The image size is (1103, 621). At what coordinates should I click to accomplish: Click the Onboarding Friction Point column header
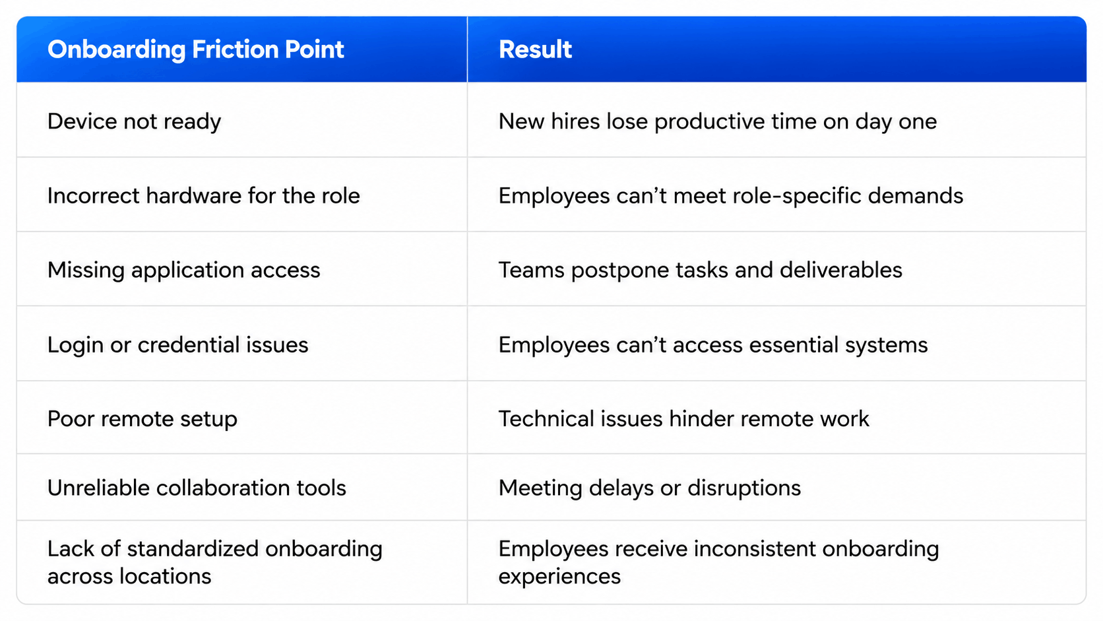coord(195,49)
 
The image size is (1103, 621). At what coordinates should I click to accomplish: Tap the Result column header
coord(535,49)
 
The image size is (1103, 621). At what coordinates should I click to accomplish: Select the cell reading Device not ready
coord(134,121)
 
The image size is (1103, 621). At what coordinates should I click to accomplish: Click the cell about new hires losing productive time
coord(718,121)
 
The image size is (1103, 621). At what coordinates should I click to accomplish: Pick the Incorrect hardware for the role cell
coord(203,195)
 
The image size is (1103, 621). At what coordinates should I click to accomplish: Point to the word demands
coord(916,195)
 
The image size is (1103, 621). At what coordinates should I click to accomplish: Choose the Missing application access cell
coord(183,271)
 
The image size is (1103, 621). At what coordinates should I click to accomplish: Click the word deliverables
coord(841,270)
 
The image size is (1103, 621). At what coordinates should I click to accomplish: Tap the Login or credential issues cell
coord(177,344)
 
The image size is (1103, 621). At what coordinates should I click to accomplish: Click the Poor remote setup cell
coord(142,419)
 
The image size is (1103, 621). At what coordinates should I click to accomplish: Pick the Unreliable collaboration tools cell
coord(197,488)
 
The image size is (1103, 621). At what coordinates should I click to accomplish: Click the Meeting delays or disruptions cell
coord(650,488)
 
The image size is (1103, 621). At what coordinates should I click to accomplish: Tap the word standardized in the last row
coord(193,548)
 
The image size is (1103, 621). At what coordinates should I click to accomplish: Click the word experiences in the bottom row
coord(559,577)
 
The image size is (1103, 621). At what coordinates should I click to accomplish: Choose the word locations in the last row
coord(166,576)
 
